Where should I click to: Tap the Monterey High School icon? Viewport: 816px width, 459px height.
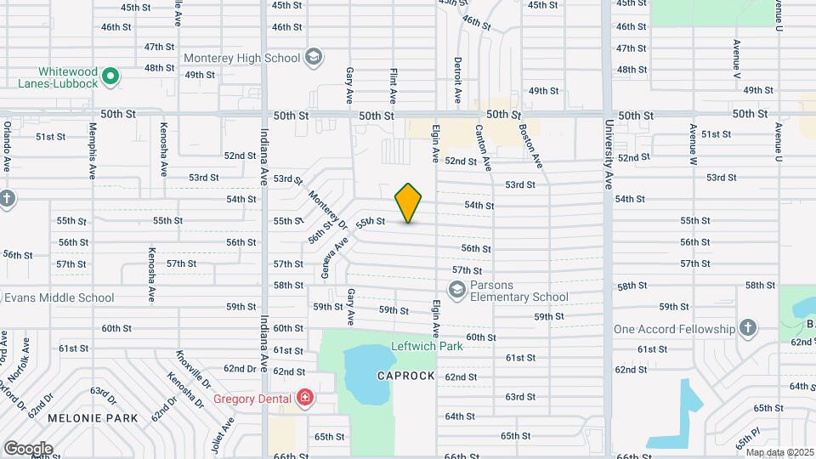coord(314,58)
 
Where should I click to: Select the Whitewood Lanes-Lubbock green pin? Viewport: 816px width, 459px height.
coord(110,78)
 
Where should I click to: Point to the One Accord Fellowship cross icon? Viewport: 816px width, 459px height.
coord(747,328)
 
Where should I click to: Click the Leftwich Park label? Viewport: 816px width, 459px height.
coord(427,346)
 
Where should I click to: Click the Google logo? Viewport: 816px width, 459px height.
coord(28,448)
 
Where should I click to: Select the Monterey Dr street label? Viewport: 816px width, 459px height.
coord(327,209)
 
